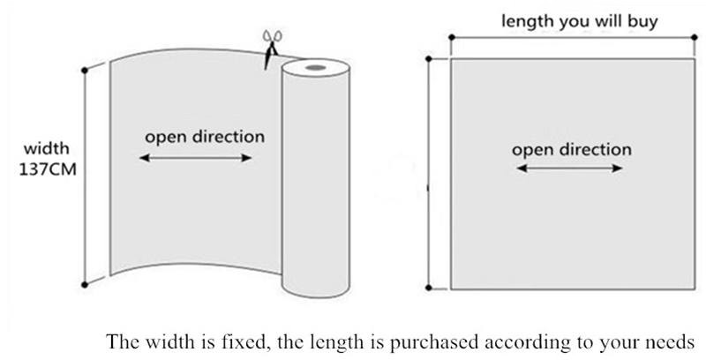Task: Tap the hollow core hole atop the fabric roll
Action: coord(315,68)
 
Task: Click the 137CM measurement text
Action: coord(45,168)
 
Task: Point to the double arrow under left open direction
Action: coord(196,159)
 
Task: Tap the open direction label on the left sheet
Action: coord(204,138)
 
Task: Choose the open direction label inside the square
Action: coord(572,149)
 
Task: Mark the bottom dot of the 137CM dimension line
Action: coord(85,284)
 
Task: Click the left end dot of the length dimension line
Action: coord(451,38)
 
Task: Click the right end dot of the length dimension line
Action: coord(695,38)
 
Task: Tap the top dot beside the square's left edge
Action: coord(429,59)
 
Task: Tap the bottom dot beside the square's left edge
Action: coord(429,288)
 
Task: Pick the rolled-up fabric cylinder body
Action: coord(313,194)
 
